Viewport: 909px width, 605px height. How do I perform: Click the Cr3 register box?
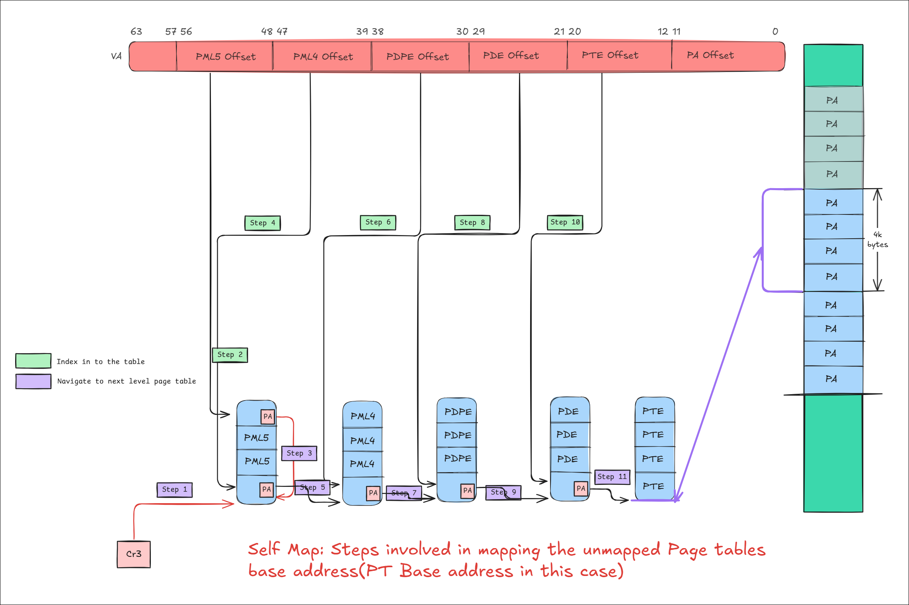[x=134, y=554]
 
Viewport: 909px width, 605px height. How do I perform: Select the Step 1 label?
[x=174, y=490]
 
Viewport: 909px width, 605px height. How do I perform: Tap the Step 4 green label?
[x=262, y=223]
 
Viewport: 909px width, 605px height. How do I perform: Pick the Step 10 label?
[x=565, y=222]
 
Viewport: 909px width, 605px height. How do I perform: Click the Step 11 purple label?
[x=612, y=477]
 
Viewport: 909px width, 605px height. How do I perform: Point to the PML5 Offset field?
[x=225, y=56]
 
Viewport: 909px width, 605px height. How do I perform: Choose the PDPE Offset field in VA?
[x=417, y=56]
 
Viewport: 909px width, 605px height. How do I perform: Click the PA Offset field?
[x=710, y=55]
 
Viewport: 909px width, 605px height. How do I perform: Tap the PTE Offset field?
[x=610, y=55]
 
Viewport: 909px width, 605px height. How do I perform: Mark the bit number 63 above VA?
[x=136, y=31]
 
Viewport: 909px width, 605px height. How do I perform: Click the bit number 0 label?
[x=775, y=31]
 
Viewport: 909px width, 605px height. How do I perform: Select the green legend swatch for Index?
[x=33, y=361]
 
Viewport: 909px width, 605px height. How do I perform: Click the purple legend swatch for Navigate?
[x=33, y=381]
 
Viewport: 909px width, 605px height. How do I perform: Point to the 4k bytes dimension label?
[x=877, y=239]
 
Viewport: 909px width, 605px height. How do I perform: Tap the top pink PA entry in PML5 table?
[x=267, y=416]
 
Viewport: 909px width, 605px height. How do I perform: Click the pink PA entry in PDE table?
[x=581, y=488]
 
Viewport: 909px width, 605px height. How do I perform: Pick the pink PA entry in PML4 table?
[x=373, y=493]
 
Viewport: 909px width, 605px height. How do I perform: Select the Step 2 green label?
[x=230, y=355]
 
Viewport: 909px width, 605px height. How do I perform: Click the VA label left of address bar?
[x=116, y=56]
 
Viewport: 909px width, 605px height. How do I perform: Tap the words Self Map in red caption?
[x=285, y=550]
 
